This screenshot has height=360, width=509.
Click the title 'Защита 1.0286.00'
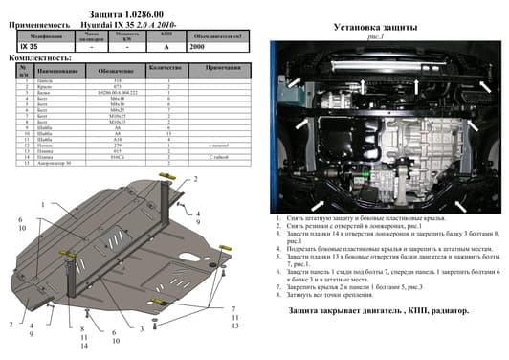point(127,7)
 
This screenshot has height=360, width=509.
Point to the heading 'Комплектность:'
point(36,58)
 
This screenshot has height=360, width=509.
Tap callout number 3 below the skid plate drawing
point(141,328)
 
